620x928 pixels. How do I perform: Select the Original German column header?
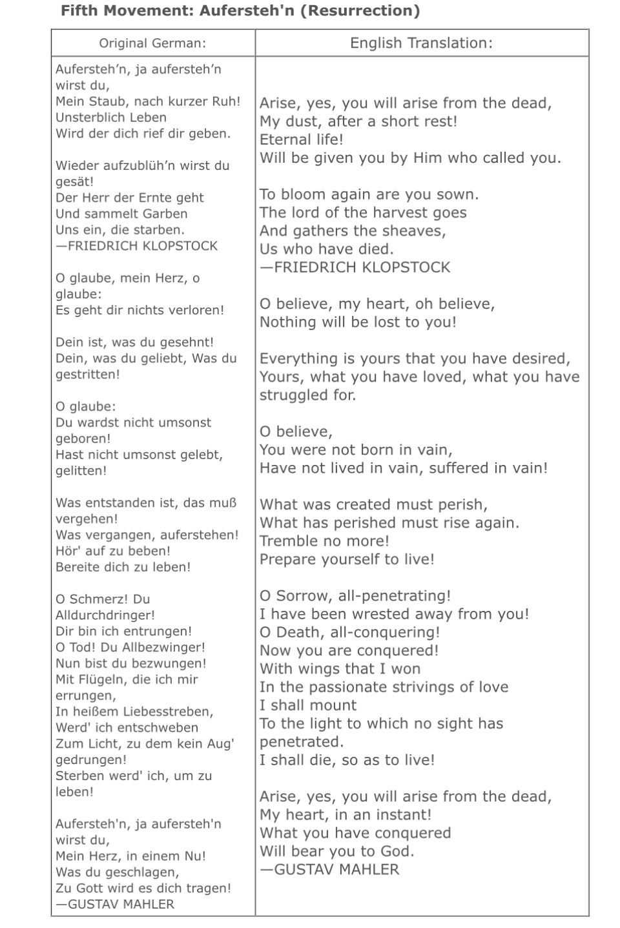152,43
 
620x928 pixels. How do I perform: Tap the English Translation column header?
421,43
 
